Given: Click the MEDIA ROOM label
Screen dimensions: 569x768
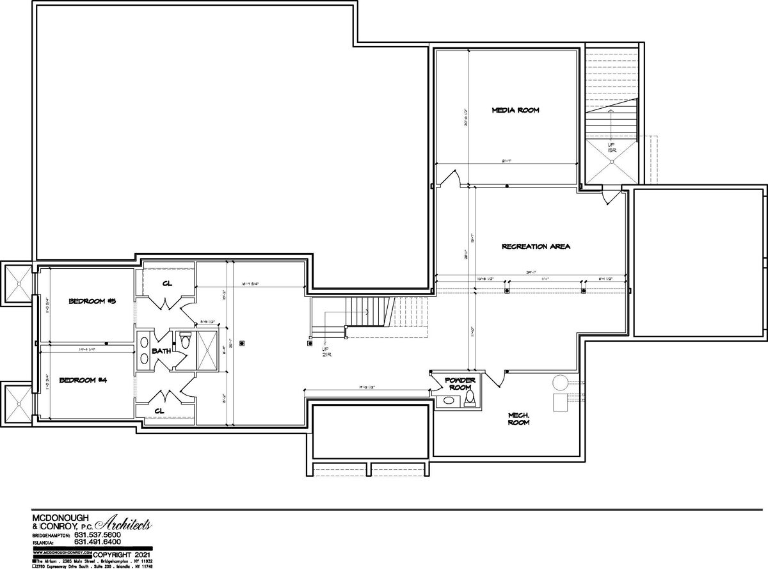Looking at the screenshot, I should (515, 110).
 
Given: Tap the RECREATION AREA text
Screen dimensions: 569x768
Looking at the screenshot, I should (536, 246).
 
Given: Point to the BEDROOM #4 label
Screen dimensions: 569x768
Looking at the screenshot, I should (83, 380).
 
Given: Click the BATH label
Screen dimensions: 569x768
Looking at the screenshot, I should (161, 351).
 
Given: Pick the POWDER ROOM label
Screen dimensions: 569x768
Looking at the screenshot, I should (460, 384).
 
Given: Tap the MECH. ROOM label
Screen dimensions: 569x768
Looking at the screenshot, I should (518, 419).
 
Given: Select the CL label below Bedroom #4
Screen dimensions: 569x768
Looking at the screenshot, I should (159, 410).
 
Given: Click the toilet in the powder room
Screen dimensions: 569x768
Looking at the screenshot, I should (470, 399).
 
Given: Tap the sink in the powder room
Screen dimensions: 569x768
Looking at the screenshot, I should (449, 401).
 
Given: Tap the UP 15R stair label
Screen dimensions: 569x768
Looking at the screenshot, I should (612, 148).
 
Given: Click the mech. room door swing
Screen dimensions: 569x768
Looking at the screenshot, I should (493, 379).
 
